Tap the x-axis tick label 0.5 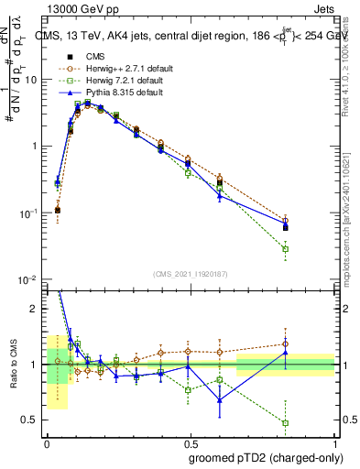point(191,443)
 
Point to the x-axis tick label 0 point(48,443)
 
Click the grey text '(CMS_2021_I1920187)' point(191,273)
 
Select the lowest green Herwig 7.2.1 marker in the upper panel point(286,249)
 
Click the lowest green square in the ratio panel point(286,423)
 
